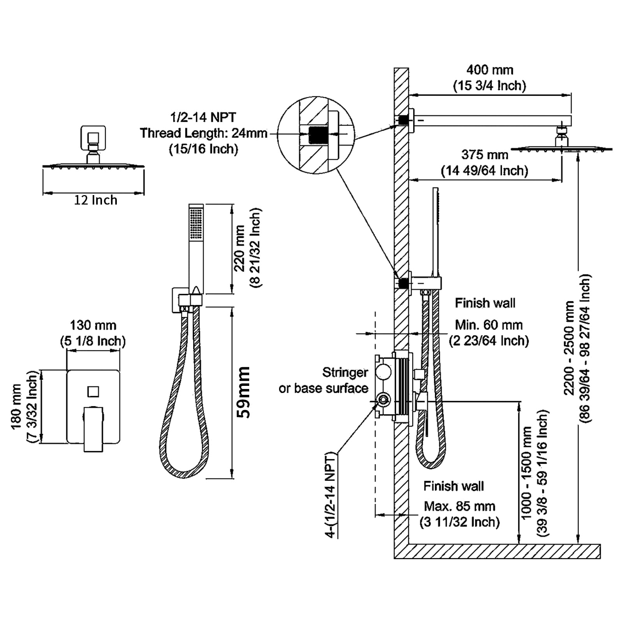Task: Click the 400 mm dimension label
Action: (489, 70)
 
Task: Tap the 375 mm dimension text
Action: (484, 155)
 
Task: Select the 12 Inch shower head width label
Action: (95, 200)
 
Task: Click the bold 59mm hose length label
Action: (244, 392)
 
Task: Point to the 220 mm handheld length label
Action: (239, 248)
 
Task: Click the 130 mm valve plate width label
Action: (93, 325)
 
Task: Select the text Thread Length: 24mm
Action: (203, 133)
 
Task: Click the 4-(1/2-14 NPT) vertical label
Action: (330, 495)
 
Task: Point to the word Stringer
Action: (345, 372)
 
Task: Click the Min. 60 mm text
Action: (489, 325)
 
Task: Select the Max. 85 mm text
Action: (459, 506)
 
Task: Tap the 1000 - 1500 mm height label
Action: (526, 473)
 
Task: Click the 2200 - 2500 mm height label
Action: (569, 348)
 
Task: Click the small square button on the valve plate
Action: (93, 391)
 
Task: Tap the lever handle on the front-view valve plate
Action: (93, 428)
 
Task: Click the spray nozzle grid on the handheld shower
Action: (196, 223)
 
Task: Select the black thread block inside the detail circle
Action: (318, 135)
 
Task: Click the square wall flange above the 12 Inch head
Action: (93, 138)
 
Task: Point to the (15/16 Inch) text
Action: (203, 149)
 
